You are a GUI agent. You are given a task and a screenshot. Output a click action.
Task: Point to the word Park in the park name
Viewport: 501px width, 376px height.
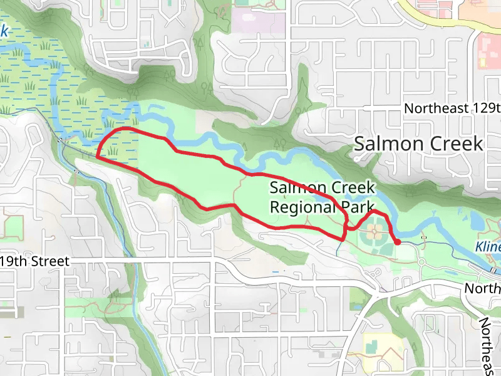click(x=358, y=206)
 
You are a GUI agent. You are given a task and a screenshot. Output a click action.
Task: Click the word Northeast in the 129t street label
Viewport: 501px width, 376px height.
click(x=435, y=108)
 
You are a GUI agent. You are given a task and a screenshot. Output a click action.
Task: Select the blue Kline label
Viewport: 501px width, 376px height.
click(x=487, y=246)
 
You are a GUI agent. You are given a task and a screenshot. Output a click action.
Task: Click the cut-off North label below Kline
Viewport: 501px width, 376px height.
click(x=482, y=288)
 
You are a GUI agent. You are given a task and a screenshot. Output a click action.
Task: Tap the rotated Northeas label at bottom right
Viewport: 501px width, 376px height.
click(x=488, y=345)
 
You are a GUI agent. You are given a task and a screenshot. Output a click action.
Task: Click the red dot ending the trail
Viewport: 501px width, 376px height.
click(x=397, y=242)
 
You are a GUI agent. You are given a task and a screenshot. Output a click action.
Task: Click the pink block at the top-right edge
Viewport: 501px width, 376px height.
click(x=488, y=50)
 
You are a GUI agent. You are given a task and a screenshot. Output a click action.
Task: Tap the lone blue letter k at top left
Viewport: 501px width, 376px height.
click(x=4, y=30)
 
